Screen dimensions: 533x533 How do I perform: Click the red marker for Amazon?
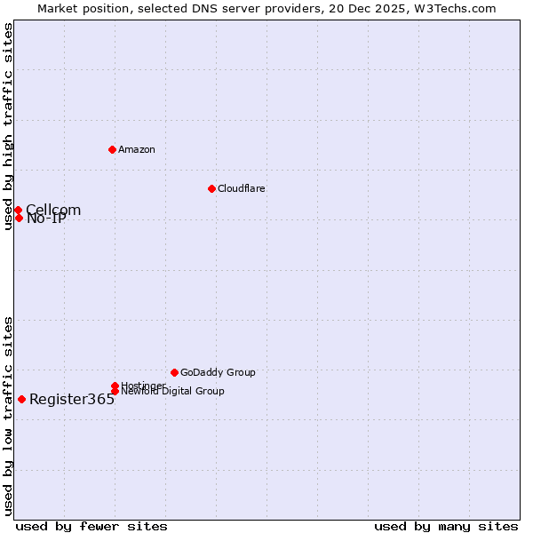point(112,149)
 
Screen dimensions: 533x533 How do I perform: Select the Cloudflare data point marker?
point(211,188)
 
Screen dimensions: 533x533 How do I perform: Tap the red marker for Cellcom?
point(18,211)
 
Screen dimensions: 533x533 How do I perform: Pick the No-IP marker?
point(19,218)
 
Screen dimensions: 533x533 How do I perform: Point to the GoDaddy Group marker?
point(174,372)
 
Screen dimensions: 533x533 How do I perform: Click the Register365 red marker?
point(21,399)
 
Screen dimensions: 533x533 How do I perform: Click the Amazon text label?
point(136,149)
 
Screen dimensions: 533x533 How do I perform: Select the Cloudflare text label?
point(241,188)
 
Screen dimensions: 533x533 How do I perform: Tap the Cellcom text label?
point(52,211)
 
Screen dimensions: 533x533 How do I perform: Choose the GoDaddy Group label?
point(218,372)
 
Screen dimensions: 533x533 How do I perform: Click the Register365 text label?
point(72,400)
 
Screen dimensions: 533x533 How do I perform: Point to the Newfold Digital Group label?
point(172,392)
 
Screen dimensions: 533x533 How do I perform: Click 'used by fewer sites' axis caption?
point(91,526)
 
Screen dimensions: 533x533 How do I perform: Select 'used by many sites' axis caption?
point(446,526)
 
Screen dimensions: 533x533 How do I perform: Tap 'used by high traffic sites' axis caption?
point(8,126)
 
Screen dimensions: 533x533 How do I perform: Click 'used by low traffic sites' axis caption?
point(8,416)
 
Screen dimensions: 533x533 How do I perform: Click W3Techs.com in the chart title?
point(455,8)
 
